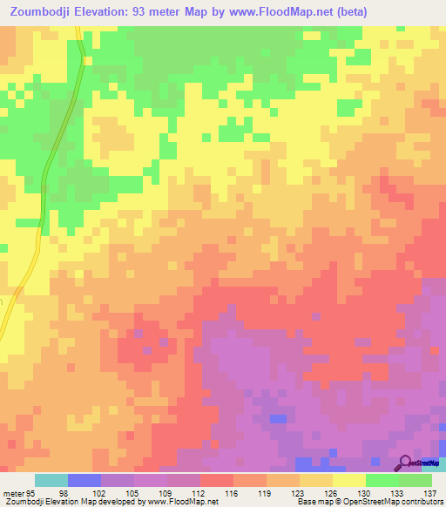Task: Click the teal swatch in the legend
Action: [51, 480]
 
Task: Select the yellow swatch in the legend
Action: [348, 480]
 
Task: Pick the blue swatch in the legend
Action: [84, 480]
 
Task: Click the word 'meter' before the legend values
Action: [13, 493]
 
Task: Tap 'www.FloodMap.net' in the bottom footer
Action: [183, 502]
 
